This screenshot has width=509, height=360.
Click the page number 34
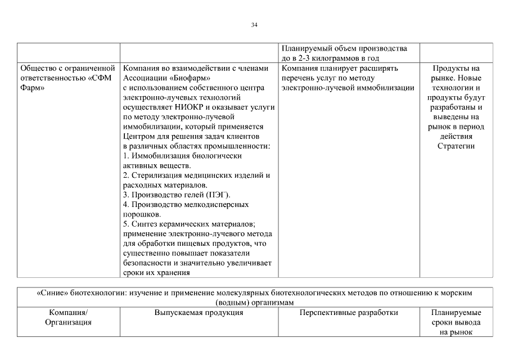click(254, 25)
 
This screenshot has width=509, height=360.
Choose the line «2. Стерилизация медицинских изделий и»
click(196, 175)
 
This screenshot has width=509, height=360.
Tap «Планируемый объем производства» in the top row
click(344, 48)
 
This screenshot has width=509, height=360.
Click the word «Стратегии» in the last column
click(456, 146)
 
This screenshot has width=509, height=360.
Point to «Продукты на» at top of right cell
click(456, 68)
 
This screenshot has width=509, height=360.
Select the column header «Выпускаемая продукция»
click(199, 313)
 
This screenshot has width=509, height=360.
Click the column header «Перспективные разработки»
click(349, 313)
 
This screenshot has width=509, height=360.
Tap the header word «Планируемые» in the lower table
click(456, 313)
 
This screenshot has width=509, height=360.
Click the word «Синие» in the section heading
click(54, 293)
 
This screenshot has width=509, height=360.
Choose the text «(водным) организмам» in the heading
click(254, 303)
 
